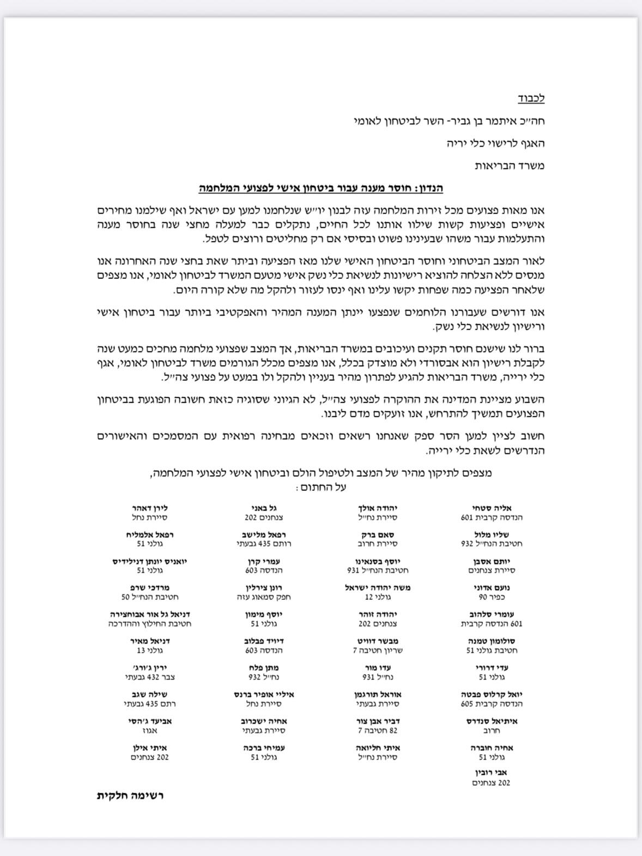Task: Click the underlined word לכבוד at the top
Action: coord(531,99)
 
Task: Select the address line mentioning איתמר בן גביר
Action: coord(449,121)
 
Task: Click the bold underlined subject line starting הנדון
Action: coord(320,189)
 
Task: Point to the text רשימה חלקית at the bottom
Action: coord(130,795)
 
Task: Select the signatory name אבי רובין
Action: coord(491,773)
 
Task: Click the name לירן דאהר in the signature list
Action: coord(149,508)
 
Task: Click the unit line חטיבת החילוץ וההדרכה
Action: coord(149,624)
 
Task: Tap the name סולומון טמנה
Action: coord(491,641)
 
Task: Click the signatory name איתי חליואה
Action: coord(378,748)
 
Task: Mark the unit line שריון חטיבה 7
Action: coord(378,651)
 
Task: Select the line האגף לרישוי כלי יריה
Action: coord(495,143)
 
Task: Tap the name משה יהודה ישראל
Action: coord(378,587)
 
